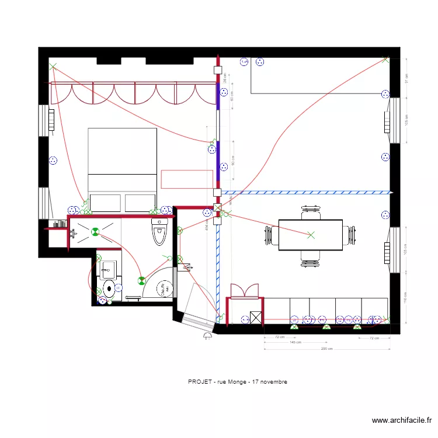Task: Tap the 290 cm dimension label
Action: tap(326, 349)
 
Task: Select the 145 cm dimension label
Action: tap(295, 343)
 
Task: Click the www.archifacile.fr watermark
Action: tap(402, 420)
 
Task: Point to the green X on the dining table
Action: tap(311, 235)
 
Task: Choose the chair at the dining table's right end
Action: tap(350, 235)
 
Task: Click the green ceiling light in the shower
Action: tap(93, 231)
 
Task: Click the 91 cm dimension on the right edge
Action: tap(407, 78)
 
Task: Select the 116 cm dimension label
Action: tap(407, 298)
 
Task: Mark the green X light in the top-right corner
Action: tap(385, 58)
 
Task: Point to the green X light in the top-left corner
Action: tap(53, 67)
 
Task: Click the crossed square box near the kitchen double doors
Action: tap(255, 318)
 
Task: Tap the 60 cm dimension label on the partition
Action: tap(232, 95)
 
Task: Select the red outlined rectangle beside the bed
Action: tap(187, 179)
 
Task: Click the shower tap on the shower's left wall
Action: tap(72, 234)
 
